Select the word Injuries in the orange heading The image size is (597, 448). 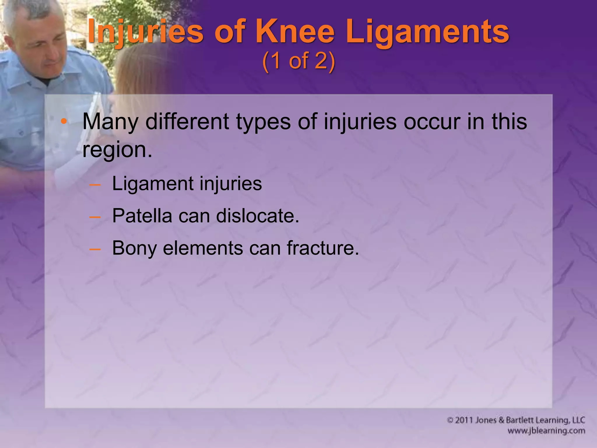(145, 32)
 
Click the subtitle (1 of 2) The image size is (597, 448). (298, 61)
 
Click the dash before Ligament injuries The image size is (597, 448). (95, 185)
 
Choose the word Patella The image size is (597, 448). (142, 216)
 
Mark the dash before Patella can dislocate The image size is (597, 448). (95, 217)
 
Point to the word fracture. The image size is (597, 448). (323, 248)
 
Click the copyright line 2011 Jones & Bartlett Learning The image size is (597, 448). (516, 420)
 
